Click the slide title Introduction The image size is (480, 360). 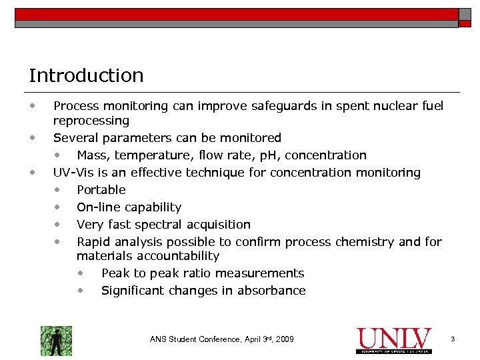(x=86, y=75)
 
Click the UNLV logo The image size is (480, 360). (x=394, y=339)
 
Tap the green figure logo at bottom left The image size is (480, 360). (x=56, y=340)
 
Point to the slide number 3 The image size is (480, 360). (x=453, y=339)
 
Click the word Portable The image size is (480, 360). (x=101, y=190)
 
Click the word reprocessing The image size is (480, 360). (x=91, y=121)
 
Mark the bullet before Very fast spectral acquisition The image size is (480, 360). (x=59, y=225)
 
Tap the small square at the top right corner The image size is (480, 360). (x=464, y=14)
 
